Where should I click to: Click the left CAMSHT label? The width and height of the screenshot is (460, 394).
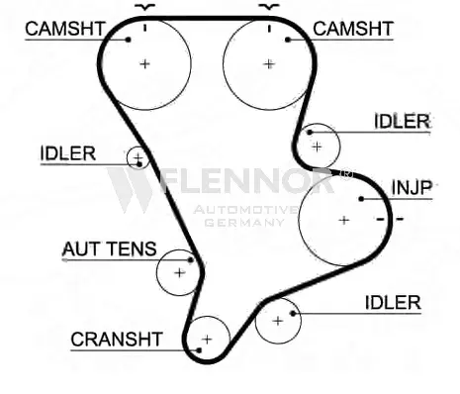coord(65,29)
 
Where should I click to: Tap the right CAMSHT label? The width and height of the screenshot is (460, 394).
coord(353,29)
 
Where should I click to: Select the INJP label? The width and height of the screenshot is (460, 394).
coord(412,188)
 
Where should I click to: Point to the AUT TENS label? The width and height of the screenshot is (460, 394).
coord(109,248)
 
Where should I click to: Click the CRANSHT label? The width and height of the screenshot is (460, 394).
coord(117,340)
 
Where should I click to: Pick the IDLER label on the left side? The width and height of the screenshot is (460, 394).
coord(68,153)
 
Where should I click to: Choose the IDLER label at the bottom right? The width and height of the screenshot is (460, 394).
coord(393,302)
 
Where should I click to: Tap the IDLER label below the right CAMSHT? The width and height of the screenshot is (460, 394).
coord(403,121)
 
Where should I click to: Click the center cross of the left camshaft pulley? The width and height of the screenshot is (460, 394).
coord(144,63)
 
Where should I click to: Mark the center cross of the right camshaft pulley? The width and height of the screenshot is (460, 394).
coord(269,63)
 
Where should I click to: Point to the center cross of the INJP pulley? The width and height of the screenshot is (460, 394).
coord(344,220)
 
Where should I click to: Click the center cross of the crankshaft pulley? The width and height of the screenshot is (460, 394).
coord(207,340)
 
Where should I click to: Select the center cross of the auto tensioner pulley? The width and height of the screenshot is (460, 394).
coord(179,273)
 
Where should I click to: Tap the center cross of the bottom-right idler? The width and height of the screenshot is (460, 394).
coord(278,321)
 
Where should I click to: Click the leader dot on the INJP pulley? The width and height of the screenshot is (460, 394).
coord(361,199)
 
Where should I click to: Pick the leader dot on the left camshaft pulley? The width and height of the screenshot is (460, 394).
coord(129,40)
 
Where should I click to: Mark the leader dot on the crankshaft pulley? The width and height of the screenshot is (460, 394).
coord(199,350)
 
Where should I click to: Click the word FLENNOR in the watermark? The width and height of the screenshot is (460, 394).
coord(245,181)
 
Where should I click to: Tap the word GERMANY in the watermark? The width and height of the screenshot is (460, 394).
coord(244,223)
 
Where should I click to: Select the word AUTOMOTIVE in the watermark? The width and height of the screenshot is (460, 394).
coord(245,209)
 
